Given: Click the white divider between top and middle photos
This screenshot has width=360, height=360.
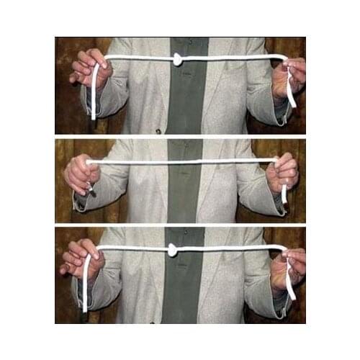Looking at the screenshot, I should [x=180, y=137].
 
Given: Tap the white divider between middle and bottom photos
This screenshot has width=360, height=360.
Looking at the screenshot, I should [x=180, y=225].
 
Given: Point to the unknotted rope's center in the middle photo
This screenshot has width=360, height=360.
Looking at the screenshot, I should [x=184, y=161].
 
